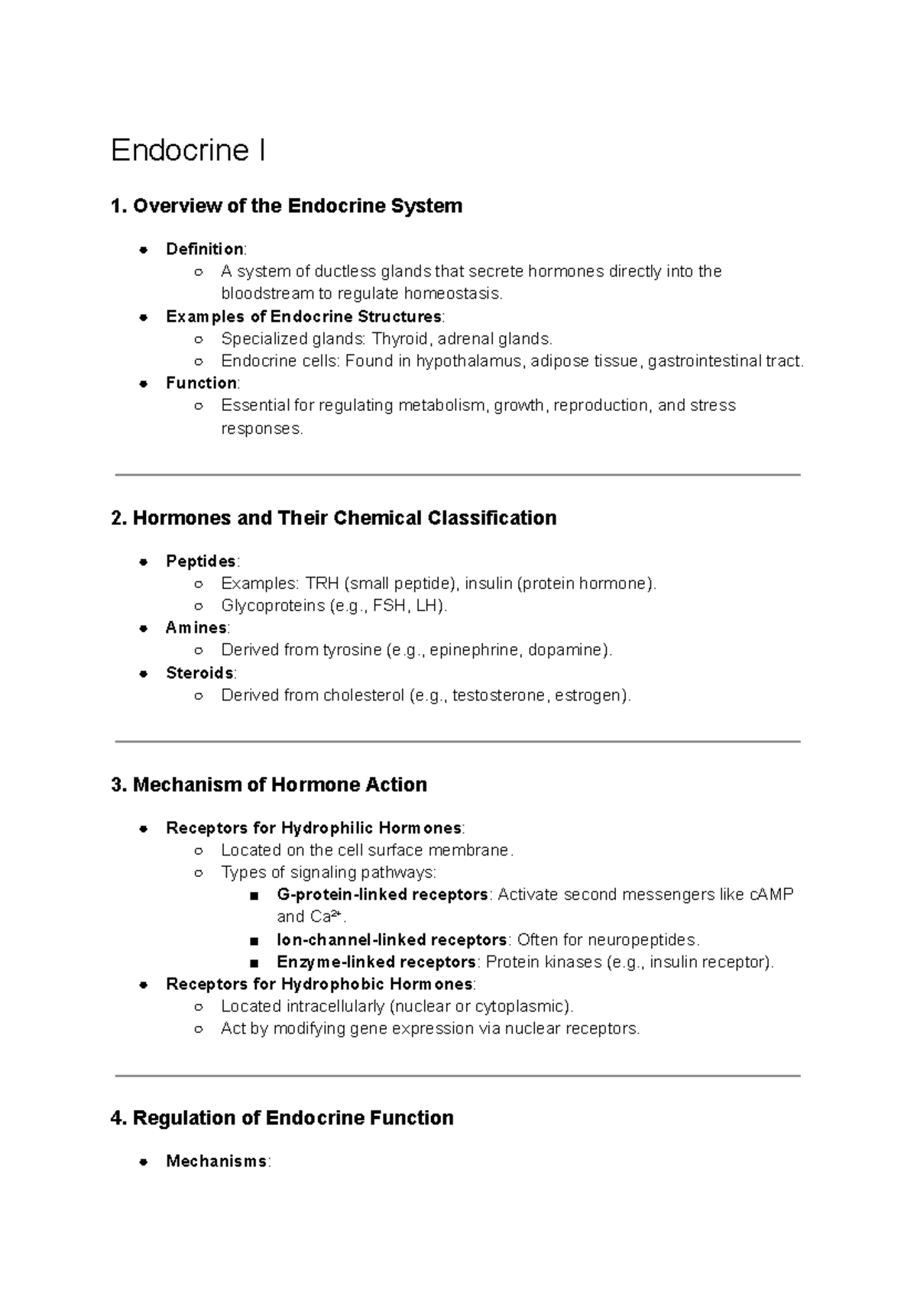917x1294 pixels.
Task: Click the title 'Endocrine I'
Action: (x=188, y=150)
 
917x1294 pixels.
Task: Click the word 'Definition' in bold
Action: (x=204, y=249)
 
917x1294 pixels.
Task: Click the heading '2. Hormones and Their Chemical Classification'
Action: (x=333, y=518)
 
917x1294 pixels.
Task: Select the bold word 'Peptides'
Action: (x=201, y=561)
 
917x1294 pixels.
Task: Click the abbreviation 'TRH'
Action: (x=322, y=584)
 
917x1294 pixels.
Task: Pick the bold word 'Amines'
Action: (x=196, y=628)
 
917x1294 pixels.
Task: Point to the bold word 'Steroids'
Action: (x=199, y=673)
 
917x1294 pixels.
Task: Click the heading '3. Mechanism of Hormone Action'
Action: (x=268, y=784)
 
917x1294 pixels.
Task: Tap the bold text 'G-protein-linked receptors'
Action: (x=382, y=894)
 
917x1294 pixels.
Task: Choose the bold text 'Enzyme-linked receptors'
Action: (x=376, y=962)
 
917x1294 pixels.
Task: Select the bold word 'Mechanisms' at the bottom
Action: (x=216, y=1162)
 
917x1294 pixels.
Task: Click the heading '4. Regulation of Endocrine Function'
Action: (x=282, y=1118)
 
